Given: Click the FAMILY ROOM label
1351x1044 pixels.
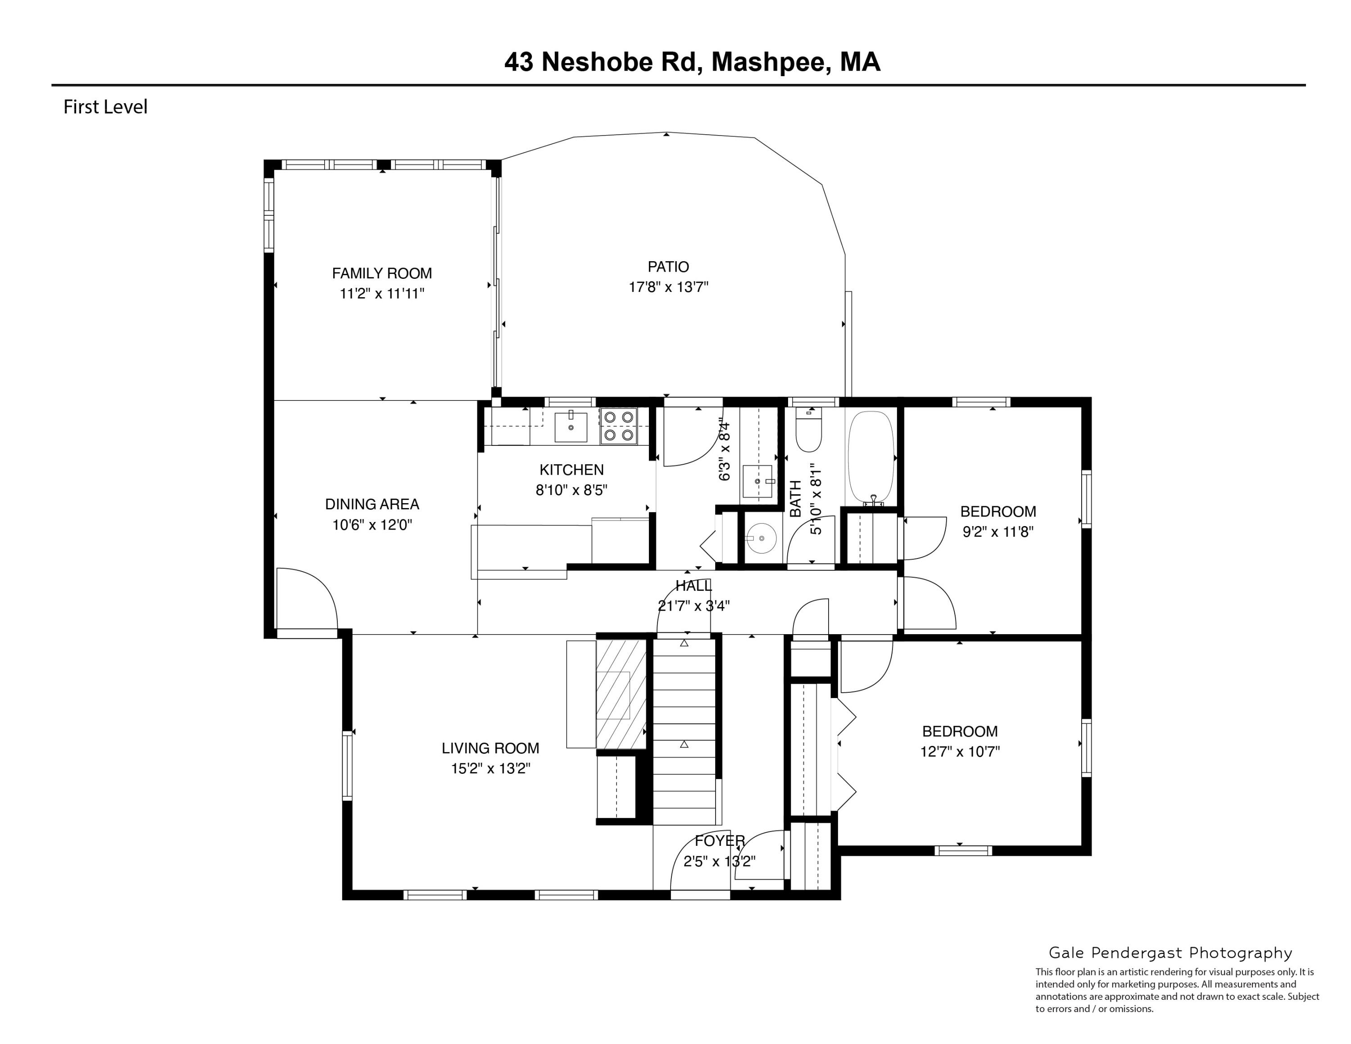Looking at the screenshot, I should pos(382,273).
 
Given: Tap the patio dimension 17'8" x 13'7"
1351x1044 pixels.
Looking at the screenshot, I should pos(668,287).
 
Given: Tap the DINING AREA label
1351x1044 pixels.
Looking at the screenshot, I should pos(372,504).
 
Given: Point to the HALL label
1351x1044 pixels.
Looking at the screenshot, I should pos(694,585).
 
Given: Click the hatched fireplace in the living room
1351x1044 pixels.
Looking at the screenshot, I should pos(621,694).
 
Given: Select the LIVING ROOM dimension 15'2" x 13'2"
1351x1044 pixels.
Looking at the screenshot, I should pos(490,769).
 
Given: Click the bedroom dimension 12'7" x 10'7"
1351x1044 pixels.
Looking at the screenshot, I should pos(959,751).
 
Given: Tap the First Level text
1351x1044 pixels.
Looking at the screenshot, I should pos(105,107).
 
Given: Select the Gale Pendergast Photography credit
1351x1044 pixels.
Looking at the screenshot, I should pos(1170,953).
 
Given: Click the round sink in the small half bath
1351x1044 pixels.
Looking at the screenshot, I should pos(762,539).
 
